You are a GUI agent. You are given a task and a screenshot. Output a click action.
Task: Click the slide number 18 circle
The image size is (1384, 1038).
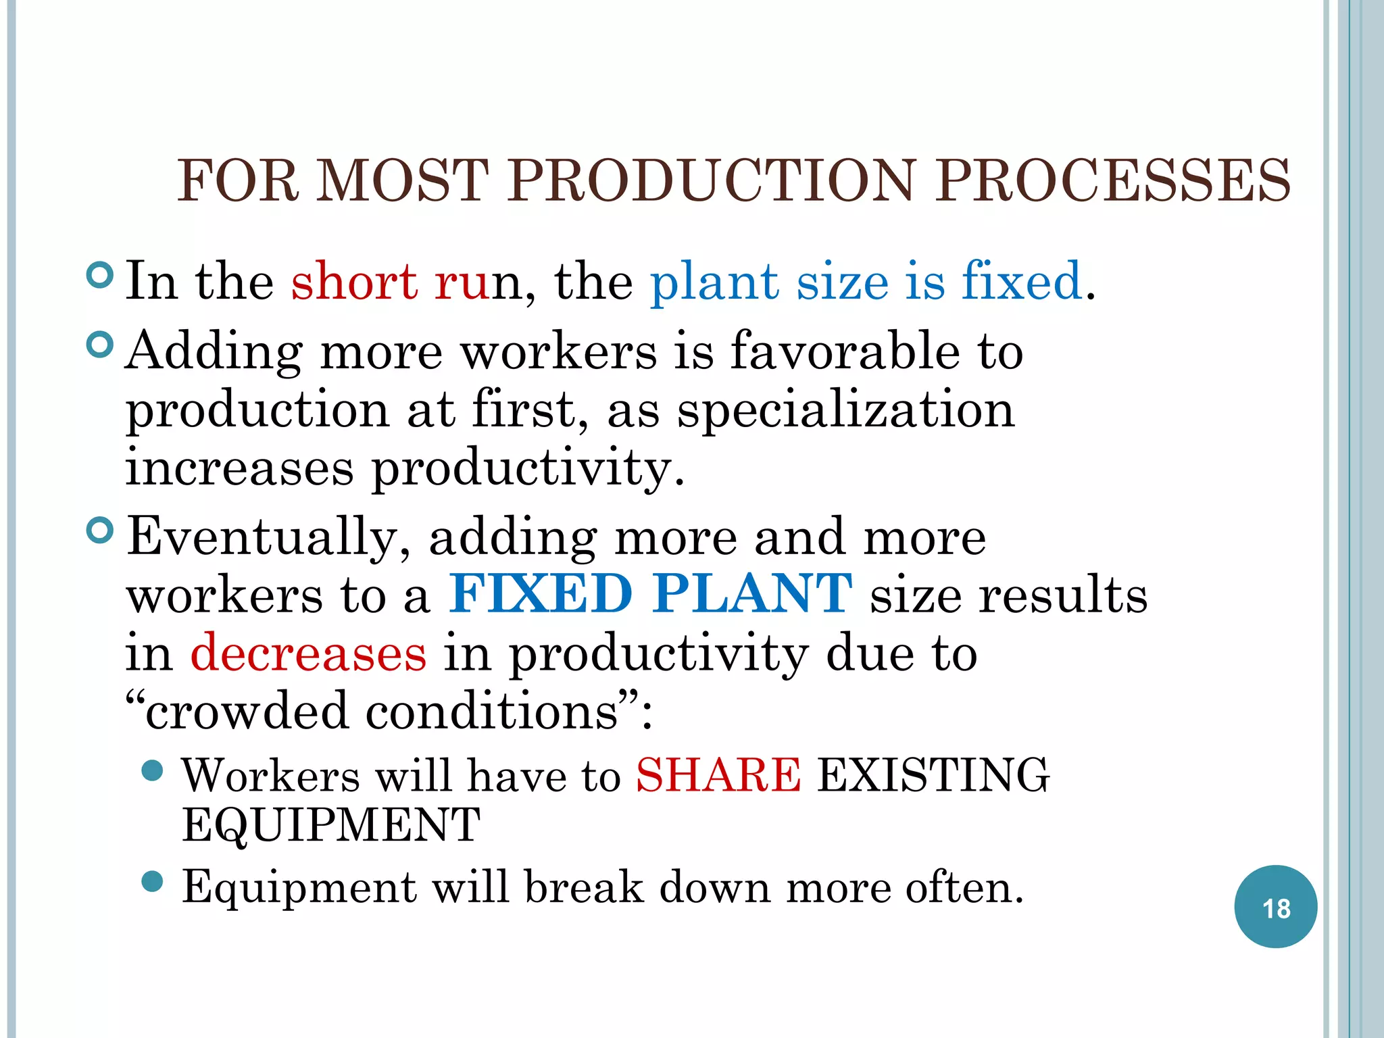click(x=1275, y=907)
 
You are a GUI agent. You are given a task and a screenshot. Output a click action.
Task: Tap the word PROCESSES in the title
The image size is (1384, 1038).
click(x=1112, y=180)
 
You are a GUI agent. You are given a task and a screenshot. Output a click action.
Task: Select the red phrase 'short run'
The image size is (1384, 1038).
click(x=391, y=280)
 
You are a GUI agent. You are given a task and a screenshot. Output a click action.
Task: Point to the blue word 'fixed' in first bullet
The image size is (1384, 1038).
click(x=1022, y=280)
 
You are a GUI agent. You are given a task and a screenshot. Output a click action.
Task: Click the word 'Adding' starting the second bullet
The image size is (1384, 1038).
click(x=214, y=353)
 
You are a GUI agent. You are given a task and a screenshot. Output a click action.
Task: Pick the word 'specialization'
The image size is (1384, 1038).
click(x=846, y=410)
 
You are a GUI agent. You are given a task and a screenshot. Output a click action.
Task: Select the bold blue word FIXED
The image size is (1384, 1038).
click(x=541, y=594)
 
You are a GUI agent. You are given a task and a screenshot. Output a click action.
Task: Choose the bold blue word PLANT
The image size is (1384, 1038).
click(x=752, y=594)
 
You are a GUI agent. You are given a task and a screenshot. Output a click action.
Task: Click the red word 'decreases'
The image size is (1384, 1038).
click(x=308, y=653)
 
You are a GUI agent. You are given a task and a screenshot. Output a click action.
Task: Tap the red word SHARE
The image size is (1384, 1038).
click(x=718, y=775)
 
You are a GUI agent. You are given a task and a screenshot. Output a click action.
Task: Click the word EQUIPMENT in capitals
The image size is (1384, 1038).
click(x=331, y=826)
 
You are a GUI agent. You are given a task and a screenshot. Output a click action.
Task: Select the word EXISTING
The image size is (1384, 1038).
click(x=933, y=775)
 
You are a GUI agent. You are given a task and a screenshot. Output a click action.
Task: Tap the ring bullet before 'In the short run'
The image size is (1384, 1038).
click(x=100, y=275)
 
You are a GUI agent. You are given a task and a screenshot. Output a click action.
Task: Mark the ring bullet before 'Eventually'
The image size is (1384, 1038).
click(x=100, y=530)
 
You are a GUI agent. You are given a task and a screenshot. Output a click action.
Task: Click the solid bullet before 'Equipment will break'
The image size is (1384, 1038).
click(x=153, y=882)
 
